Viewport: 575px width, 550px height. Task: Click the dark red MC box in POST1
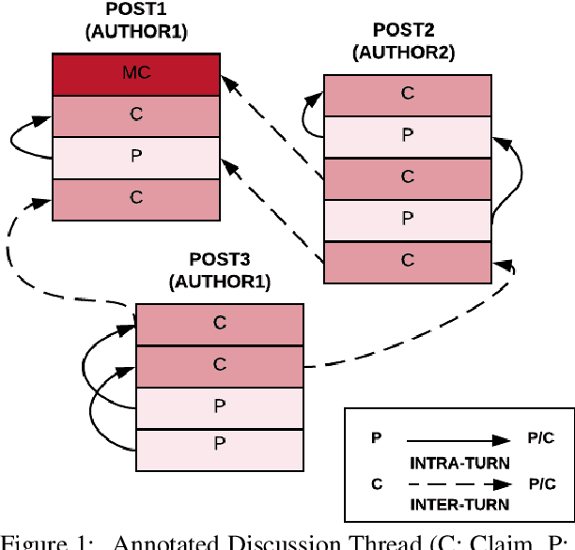pos(136,75)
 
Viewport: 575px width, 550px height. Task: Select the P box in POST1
pos(136,158)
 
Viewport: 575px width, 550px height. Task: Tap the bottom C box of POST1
pos(136,199)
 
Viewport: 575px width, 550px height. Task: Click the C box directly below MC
pos(136,116)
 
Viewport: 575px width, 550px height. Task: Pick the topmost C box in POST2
pos(408,95)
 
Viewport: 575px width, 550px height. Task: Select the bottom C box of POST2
pos(408,260)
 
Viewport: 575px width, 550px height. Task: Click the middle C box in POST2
pos(408,177)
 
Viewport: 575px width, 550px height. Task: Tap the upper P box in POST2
pos(408,136)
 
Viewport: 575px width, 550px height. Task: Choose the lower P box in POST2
pos(408,219)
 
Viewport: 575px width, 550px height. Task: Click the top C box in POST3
pos(220,324)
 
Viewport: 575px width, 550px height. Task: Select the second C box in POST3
pos(220,365)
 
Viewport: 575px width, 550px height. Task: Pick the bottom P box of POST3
pos(220,448)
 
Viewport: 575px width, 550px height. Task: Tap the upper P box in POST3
pos(220,406)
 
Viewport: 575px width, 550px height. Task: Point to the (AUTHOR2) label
pos(403,53)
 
